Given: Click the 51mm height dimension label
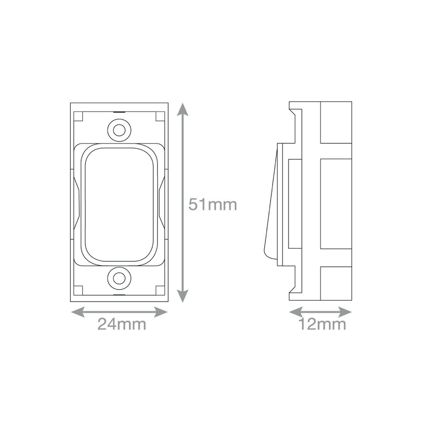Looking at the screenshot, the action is point(213,205).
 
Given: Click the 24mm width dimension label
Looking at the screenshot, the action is point(122,324).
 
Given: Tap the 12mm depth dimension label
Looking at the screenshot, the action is point(322,324).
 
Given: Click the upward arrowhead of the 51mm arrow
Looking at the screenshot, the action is point(182,109).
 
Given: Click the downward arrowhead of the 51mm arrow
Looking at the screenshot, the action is point(182,296).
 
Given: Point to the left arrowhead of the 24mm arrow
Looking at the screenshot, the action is point(78,312).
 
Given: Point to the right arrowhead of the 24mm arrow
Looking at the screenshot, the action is point(161,312).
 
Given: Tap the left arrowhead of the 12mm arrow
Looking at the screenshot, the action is point(296,312).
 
